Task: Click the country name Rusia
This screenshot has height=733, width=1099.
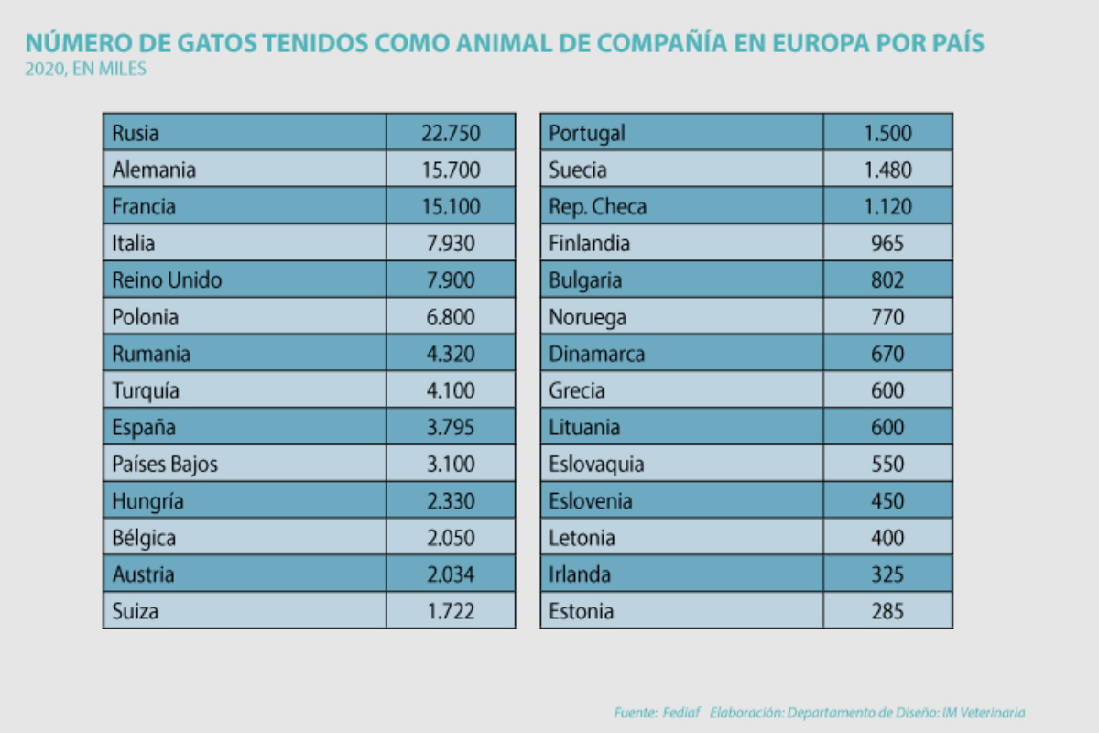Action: (136, 133)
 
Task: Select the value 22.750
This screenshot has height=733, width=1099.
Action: (451, 133)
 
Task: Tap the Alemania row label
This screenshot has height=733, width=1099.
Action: (154, 170)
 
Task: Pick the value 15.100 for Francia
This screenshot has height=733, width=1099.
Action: (451, 206)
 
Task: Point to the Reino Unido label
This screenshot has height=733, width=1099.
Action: (167, 280)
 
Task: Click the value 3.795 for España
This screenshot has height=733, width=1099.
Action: (451, 428)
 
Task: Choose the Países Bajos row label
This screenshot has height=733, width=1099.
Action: (165, 465)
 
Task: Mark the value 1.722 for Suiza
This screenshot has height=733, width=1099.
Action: (451, 611)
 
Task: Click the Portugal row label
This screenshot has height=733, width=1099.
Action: (587, 133)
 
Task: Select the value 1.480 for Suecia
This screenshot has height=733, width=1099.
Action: (887, 170)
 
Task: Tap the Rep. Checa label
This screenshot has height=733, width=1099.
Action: (597, 206)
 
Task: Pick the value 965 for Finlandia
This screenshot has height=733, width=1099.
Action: (887, 244)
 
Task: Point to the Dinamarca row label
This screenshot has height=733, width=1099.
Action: (597, 354)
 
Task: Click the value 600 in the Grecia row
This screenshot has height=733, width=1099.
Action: (887, 391)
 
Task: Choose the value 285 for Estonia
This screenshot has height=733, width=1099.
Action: (887, 611)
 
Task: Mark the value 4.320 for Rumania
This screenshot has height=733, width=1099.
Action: (451, 354)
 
